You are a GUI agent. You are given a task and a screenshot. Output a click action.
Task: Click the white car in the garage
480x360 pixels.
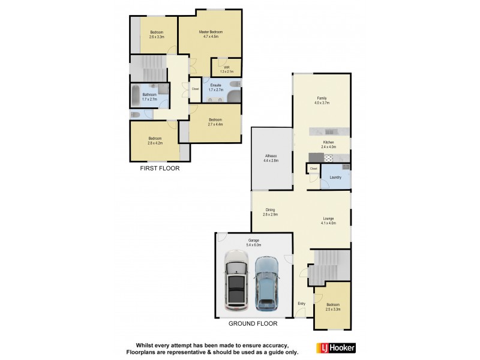pos(237,280)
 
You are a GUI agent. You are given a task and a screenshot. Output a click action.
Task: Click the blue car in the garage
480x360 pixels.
pos(267,283)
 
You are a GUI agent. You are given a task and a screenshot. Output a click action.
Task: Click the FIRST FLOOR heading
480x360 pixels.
pos(160,169)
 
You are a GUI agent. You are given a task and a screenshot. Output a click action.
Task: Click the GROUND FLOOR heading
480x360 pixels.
pos(253,323)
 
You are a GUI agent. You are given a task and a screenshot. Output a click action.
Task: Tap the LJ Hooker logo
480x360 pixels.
pos(335,347)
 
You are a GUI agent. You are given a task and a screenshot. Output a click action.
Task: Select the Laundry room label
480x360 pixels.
pos(335,178)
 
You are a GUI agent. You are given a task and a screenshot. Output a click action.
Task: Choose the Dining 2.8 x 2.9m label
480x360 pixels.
pos(271,212)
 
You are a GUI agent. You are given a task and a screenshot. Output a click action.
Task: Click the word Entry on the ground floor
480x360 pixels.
pos(301,304)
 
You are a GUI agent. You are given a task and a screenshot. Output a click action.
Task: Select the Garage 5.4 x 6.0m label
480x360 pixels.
pos(254,242)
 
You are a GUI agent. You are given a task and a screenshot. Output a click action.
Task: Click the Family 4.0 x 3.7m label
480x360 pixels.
pos(322,100)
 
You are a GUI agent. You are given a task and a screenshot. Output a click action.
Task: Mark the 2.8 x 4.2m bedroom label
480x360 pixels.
pos(155,141)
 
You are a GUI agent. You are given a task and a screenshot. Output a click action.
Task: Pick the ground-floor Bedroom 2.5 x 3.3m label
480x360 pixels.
pos(333,307)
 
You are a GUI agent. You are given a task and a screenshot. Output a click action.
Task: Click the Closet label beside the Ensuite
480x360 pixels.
pos(195,89)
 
